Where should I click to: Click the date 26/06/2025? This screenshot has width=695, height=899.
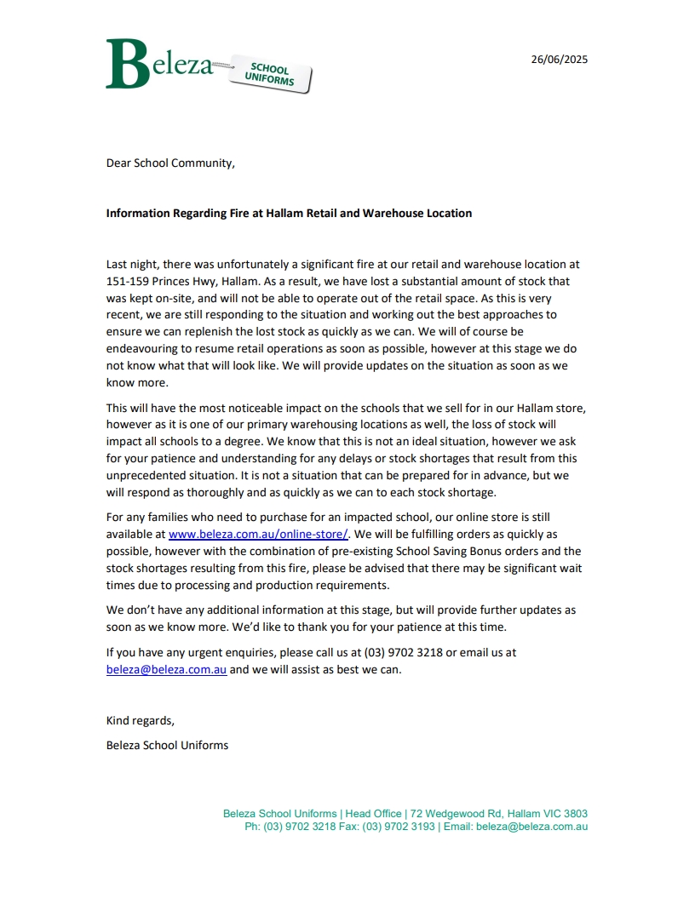[x=559, y=60]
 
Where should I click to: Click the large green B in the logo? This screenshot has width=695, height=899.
[x=128, y=65]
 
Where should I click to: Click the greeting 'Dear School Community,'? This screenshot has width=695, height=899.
[x=170, y=163]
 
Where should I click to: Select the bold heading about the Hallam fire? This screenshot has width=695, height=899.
[x=289, y=213]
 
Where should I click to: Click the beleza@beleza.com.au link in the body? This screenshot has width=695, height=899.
[x=166, y=669]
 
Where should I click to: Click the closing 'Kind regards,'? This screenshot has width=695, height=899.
[x=140, y=720]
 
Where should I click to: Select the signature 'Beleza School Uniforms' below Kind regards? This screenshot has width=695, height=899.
[x=167, y=745]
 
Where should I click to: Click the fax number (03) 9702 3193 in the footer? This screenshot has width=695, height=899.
[x=399, y=827]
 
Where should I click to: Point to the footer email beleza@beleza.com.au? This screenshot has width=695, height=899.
[x=531, y=827]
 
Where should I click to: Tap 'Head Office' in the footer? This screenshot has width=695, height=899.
[x=372, y=814]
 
